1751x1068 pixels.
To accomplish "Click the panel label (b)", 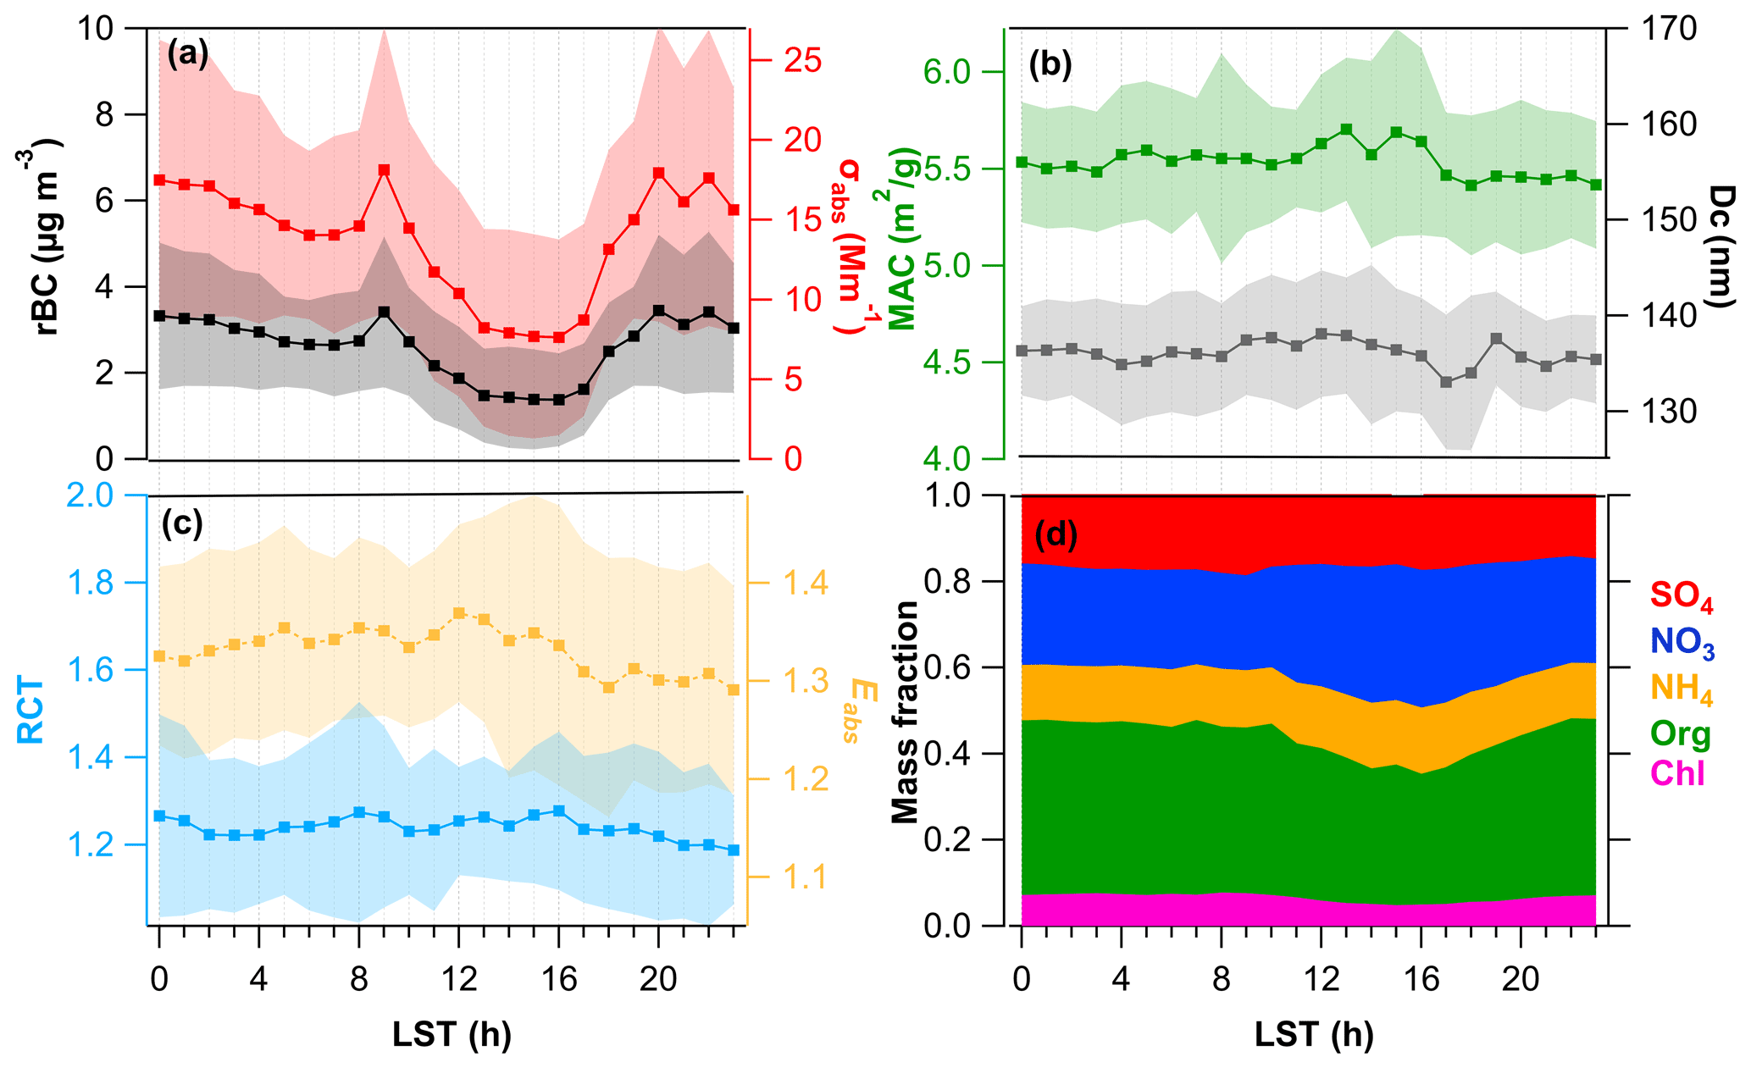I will point(1050,65).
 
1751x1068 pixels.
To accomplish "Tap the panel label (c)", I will point(182,524).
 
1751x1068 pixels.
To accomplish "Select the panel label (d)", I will point(1056,534).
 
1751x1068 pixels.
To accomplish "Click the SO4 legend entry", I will point(1681,596).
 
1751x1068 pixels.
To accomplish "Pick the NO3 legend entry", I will point(1681,643).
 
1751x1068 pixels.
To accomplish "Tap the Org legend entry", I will point(1681,734).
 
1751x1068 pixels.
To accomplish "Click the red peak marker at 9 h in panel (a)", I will point(384,170).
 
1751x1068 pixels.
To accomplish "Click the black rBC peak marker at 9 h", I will point(384,312).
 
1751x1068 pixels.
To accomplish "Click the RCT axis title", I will point(31,710).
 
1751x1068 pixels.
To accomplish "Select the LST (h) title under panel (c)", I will point(452,1034).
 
